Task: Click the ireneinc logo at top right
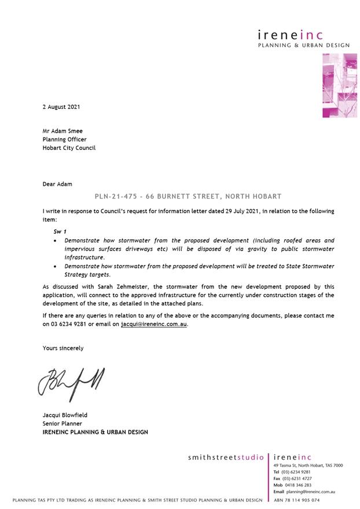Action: coord(299,36)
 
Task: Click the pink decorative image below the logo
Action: coord(339,85)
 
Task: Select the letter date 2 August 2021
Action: coord(61,107)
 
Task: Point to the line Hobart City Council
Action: coord(69,148)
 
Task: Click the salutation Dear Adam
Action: coord(57,184)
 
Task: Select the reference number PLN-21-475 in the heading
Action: coord(115,197)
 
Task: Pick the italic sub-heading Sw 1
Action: coord(60,231)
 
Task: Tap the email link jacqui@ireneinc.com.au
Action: coord(154,324)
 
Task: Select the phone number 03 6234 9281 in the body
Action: coord(71,324)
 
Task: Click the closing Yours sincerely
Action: coord(63,348)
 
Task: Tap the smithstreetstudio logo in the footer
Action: coord(226,457)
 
